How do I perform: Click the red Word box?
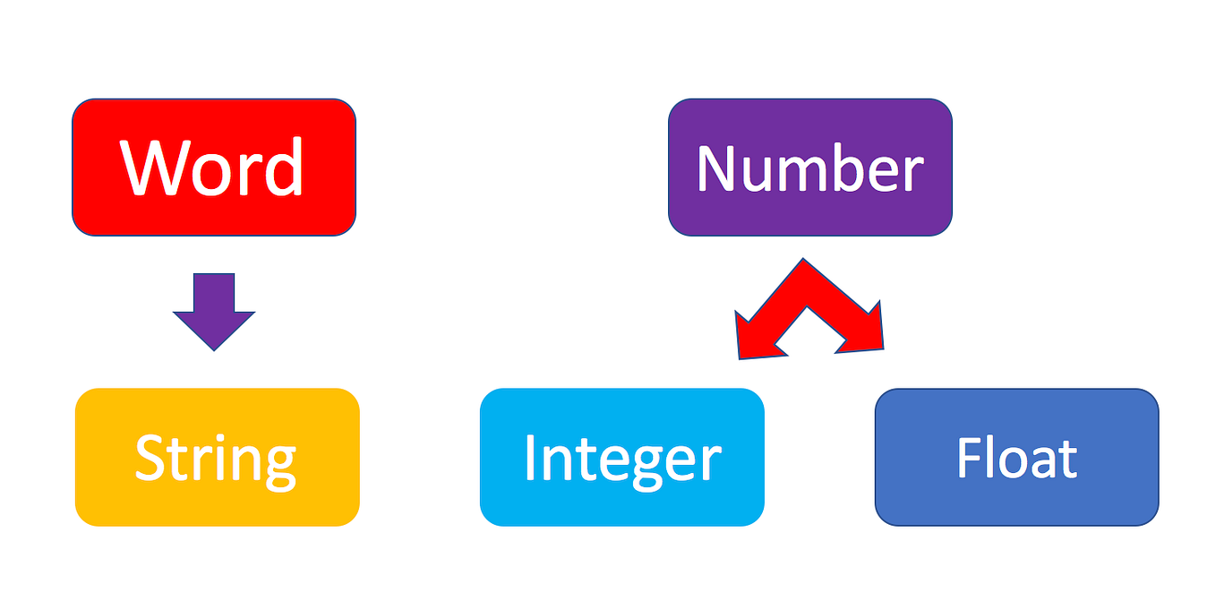(214, 168)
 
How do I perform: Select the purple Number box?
(810, 168)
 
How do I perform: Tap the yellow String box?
(217, 457)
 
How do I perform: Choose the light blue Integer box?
(622, 457)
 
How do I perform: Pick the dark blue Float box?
(1017, 457)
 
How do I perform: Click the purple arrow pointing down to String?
(214, 312)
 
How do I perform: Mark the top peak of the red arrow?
(803, 259)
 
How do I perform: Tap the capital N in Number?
(716, 168)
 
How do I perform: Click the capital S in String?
(150, 457)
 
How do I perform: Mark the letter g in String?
(279, 467)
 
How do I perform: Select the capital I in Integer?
(530, 457)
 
